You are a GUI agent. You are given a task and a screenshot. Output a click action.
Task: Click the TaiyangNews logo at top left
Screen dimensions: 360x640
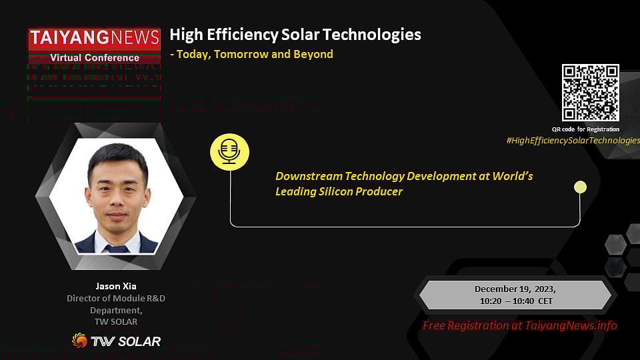(94, 39)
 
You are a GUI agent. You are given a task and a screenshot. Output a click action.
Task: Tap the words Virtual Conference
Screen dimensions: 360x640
(94, 58)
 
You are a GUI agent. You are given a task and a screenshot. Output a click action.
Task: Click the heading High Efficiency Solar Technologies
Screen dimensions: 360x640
(295, 35)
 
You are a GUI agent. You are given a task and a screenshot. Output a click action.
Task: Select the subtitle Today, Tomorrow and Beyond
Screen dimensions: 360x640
(254, 54)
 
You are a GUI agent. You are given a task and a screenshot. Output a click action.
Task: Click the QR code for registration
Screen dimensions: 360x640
(590, 93)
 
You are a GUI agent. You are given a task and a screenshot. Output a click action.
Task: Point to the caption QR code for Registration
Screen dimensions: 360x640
(585, 129)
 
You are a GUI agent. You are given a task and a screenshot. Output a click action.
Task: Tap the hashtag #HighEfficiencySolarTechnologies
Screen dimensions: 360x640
(573, 140)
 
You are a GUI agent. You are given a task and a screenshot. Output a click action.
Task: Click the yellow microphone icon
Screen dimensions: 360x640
(229, 152)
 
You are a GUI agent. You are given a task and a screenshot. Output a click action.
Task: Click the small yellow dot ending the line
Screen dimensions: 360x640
(580, 187)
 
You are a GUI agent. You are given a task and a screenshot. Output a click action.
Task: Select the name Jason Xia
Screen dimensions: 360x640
(116, 286)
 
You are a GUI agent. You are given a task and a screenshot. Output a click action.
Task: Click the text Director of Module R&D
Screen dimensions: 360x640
(116, 298)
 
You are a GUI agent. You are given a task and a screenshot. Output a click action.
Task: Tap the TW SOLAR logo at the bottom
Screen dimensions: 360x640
(116, 341)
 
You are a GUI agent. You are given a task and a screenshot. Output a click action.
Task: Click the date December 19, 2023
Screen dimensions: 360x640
(515, 289)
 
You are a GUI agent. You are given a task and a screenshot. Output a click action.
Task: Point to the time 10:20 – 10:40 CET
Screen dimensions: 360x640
(515, 301)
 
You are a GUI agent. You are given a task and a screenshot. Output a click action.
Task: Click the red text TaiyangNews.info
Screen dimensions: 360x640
(569, 325)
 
